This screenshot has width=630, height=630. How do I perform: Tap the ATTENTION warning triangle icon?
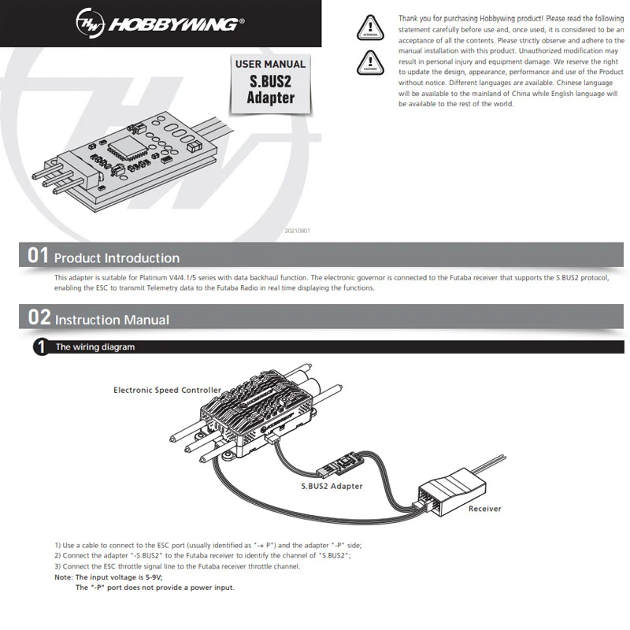[x=369, y=26]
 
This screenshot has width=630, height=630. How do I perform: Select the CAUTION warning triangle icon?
[x=369, y=61]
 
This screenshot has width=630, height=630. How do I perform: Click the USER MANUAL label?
[x=270, y=64]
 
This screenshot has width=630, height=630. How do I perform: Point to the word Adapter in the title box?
[x=270, y=98]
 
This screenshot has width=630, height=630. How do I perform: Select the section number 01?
[x=38, y=255]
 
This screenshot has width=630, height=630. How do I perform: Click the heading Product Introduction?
[x=117, y=258]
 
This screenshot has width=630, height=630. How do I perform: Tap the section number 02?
[x=39, y=317]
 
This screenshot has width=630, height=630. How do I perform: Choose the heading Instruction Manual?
[x=112, y=320]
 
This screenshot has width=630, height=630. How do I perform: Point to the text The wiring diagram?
[x=94, y=347]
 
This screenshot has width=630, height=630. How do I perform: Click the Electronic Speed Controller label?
[x=167, y=390]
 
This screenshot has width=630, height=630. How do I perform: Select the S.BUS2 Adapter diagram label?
[x=332, y=486]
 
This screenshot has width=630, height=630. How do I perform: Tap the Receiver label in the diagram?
[x=484, y=509]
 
